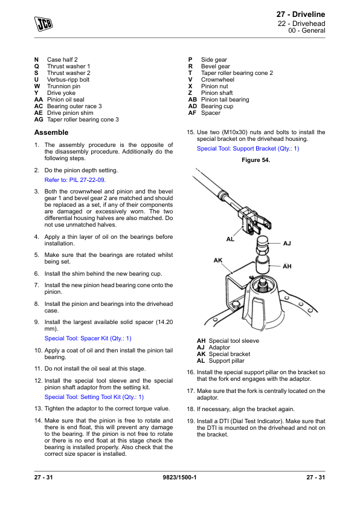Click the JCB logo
click(43, 24)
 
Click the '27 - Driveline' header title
click(300, 15)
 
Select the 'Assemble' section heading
click(51, 132)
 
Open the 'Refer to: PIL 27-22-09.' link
click(75, 180)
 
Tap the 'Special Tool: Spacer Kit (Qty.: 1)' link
click(88, 339)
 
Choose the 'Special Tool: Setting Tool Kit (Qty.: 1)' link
click(94, 397)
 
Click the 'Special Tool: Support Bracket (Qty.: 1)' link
click(248, 148)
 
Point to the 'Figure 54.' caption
click(256, 160)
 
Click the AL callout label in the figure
click(230, 239)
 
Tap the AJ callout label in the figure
click(287, 244)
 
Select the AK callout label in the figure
click(218, 261)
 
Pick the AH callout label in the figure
click(287, 267)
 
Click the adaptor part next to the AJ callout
click(263, 246)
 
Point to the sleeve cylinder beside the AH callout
click(263, 265)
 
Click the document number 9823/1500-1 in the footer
click(179, 477)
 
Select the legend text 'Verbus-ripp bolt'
click(68, 80)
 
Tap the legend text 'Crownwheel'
click(217, 80)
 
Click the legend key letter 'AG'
click(39, 120)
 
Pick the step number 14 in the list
click(38, 420)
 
